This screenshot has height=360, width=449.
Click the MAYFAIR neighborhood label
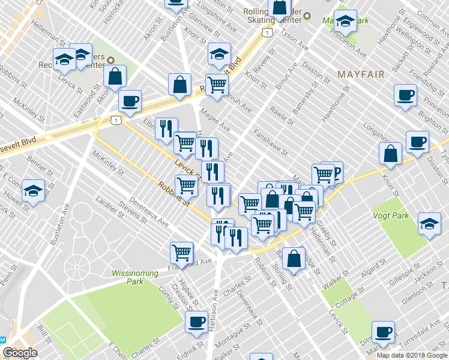360,74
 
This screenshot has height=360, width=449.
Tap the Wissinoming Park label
135,277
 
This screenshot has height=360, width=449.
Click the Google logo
20,353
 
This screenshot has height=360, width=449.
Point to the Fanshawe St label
271,143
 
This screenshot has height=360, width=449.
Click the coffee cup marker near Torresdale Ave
383,332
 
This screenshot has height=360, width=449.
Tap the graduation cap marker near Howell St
34,190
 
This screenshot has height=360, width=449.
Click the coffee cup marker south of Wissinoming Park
196,322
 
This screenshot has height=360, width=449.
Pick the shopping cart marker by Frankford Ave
181,253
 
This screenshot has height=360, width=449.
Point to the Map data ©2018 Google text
412,355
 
